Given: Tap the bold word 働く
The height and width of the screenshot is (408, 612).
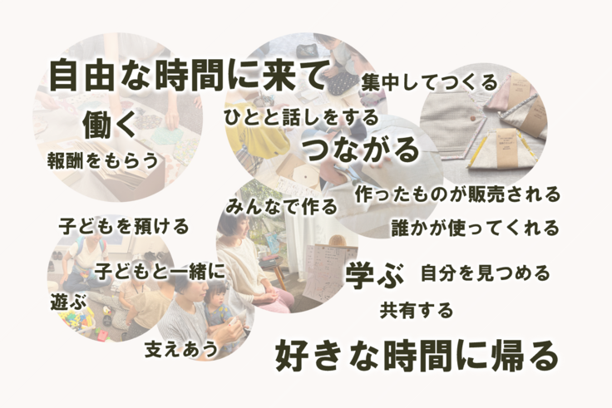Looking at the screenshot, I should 109,125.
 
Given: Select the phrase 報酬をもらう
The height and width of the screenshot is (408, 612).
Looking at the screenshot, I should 102,160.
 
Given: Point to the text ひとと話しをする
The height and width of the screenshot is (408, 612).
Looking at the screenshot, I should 300,117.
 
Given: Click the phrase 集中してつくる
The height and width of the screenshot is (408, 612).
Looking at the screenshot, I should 429,82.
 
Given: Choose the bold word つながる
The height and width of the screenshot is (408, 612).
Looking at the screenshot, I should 360,150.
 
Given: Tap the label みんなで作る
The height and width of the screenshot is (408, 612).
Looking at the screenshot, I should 281,205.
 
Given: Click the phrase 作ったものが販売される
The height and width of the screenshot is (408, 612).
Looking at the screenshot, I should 457,194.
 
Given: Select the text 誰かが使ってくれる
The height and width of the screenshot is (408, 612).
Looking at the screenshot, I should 475,227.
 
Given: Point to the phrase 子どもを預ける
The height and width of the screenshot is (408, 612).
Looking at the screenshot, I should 124,225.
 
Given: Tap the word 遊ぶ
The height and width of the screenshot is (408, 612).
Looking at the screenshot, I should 67,302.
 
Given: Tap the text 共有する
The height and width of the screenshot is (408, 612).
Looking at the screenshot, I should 417,311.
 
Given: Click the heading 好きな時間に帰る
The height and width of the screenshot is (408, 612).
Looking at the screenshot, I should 416,356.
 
